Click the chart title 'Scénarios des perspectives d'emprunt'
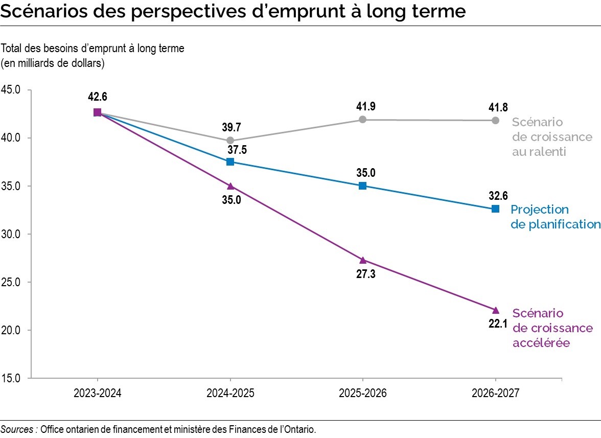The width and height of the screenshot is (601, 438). coord(233,11)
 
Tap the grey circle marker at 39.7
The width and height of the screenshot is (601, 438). coord(230,140)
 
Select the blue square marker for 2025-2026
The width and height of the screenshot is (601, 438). coord(362,186)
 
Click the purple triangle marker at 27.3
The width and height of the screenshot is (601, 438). coord(363,260)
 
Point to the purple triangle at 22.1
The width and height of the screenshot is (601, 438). coord(495,310)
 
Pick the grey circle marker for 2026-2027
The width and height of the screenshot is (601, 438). coord(495,120)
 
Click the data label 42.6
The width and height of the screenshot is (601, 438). coord(97,97)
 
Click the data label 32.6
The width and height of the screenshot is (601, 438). coord(495,195)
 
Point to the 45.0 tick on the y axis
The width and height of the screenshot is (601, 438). coord(11,90)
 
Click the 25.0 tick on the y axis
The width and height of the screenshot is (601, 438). coord(11,282)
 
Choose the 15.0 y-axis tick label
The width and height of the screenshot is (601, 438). coord(11,378)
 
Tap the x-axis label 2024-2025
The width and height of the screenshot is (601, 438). coord(230,394)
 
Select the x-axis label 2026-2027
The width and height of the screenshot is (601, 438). coord(495,394)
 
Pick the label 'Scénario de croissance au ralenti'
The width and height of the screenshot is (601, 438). coord(552,137)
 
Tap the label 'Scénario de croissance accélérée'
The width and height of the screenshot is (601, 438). coord(552,328)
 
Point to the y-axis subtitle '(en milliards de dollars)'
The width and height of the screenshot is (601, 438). coord(53,63)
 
